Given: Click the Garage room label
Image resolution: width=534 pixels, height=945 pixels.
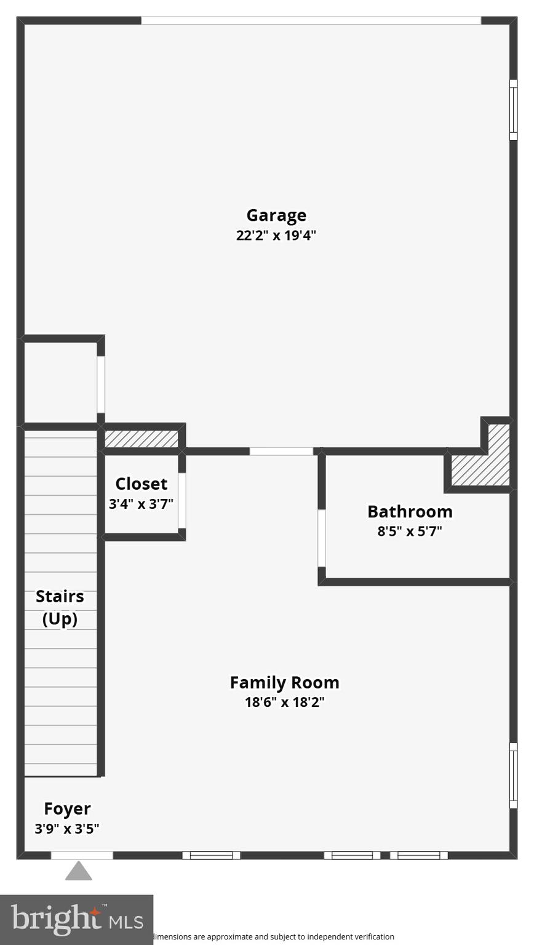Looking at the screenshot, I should click(276, 215).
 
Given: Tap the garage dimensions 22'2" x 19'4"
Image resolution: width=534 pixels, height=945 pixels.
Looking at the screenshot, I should click(276, 235).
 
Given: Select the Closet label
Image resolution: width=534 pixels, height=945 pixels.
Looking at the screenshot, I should click(141, 484).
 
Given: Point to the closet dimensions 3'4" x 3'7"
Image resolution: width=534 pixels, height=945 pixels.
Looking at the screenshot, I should click(141, 504).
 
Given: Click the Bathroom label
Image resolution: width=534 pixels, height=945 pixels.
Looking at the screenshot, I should click(410, 511).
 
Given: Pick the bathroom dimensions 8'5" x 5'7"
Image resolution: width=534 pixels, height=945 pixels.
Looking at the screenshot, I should click(410, 531).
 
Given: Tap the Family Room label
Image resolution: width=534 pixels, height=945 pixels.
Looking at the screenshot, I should click(284, 682).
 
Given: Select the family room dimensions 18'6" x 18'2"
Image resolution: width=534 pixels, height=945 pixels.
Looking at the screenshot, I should click(284, 702).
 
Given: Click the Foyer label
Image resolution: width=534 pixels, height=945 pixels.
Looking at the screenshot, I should click(67, 808).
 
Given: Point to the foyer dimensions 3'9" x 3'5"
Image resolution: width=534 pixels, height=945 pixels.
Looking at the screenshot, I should click(67, 829).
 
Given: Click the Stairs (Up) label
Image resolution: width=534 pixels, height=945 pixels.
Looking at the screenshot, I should click(60, 607).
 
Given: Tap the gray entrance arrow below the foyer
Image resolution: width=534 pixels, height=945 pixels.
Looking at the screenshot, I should click(79, 871).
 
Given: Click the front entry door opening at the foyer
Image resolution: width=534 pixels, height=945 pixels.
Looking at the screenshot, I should click(82, 855).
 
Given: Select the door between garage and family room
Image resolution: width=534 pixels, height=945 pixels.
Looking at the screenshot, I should click(281, 452).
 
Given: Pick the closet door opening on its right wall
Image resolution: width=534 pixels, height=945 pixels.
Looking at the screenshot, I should click(182, 500).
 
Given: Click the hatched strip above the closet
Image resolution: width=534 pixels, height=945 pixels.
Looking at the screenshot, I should click(141, 439).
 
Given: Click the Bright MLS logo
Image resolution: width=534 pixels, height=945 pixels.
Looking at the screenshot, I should click(76, 920).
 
